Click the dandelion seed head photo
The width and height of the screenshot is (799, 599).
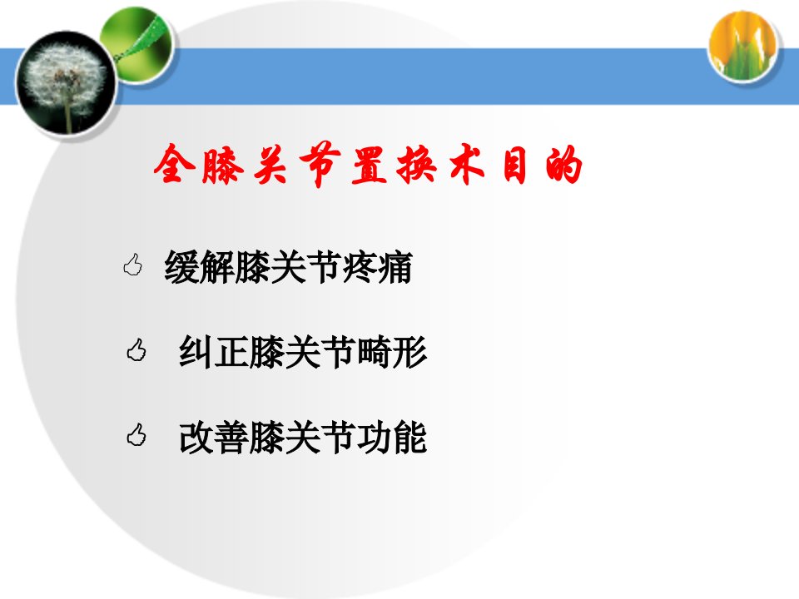click(x=66, y=82)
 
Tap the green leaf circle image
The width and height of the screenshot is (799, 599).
click(x=136, y=45)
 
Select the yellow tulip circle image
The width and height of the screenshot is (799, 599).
click(x=743, y=46)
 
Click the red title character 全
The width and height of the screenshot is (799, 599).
click(x=175, y=164)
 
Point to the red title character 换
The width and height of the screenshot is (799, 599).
click(x=416, y=164)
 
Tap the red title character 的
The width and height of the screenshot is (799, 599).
click(x=563, y=164)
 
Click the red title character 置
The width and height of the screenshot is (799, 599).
click(x=369, y=164)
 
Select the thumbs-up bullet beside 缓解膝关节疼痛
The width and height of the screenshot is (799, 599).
click(x=133, y=265)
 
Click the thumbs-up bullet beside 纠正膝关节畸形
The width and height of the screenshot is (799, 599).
click(x=136, y=350)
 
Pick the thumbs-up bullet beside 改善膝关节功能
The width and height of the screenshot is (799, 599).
click(x=136, y=435)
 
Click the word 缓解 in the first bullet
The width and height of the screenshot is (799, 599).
click(x=199, y=267)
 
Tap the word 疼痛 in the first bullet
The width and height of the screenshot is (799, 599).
click(x=377, y=267)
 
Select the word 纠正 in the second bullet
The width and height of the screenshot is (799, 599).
click(x=214, y=352)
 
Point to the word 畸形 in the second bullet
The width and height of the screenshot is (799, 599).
click(x=392, y=352)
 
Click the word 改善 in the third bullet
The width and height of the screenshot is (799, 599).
click(x=214, y=437)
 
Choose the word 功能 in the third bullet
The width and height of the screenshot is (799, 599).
click(x=392, y=437)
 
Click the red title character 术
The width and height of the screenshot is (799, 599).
click(x=466, y=164)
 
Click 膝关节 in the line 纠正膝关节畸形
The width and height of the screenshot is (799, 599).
click(x=303, y=352)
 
